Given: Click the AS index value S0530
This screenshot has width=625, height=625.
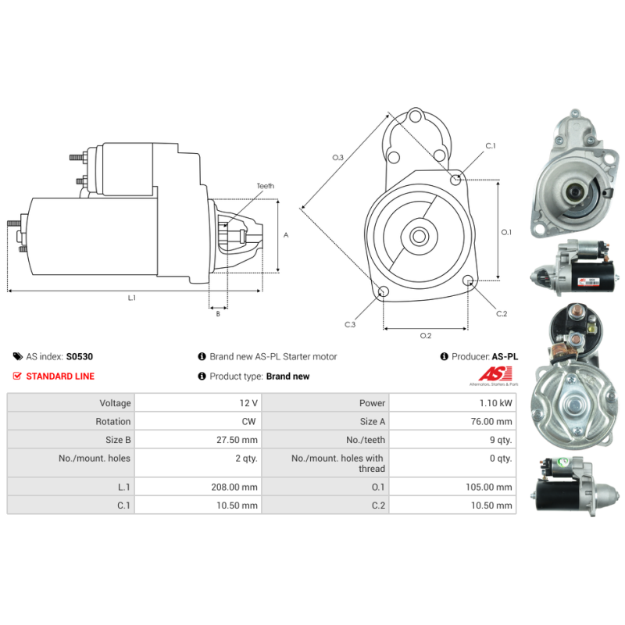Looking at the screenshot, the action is pyautogui.click(x=80, y=356).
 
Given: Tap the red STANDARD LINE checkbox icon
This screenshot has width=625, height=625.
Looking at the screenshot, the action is pyautogui.click(x=17, y=376).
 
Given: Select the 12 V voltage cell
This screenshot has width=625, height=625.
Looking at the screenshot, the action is pyautogui.click(x=248, y=403).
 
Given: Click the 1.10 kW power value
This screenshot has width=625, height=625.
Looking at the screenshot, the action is pyautogui.click(x=495, y=403).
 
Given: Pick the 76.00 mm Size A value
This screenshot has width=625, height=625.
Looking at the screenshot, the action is pyautogui.click(x=491, y=421).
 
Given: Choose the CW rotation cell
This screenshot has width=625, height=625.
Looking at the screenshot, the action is pyautogui.click(x=248, y=421).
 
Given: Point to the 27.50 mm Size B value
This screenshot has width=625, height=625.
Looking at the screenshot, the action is pyautogui.click(x=237, y=440).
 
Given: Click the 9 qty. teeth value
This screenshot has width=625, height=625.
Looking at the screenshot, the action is pyautogui.click(x=501, y=440).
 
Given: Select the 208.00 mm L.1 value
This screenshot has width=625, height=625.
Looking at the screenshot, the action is pyautogui.click(x=234, y=487).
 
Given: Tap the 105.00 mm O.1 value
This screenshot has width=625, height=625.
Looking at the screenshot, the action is pyautogui.click(x=489, y=487).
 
